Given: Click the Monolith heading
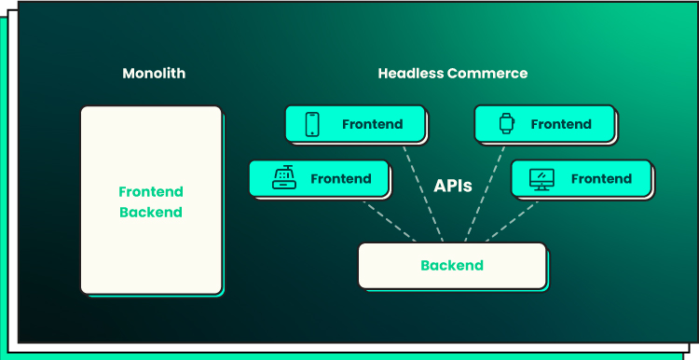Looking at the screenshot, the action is coord(154,73).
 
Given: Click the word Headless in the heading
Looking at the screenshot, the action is coord(411,73).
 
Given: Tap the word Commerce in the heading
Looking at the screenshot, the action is coord(487,73).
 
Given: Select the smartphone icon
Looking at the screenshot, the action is coord(312,124).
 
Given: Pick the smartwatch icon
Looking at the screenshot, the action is coord(506,123).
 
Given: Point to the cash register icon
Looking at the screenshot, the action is coord(284,177).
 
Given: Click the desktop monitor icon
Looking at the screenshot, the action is coord(541,179).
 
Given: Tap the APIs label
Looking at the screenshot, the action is coord(452,186).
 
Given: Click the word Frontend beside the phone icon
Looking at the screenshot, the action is coord(372,124).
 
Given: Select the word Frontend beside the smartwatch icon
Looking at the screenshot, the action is coord(561,124).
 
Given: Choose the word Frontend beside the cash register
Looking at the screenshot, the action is coord(341,179).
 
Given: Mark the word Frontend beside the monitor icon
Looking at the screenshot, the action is coord(601,179).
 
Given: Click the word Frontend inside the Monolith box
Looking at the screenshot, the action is coord(151,192).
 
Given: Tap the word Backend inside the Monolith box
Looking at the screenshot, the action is coord(151,212).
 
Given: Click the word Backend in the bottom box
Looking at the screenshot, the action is coord(452,266).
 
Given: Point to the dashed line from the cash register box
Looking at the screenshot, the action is coord(390,222).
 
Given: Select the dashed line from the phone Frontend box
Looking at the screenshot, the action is coord(423,194).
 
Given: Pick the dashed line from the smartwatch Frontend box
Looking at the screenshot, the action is coord(485,194).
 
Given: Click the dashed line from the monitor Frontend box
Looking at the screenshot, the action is coord(512,222).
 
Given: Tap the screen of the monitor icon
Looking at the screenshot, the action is coord(541,176).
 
